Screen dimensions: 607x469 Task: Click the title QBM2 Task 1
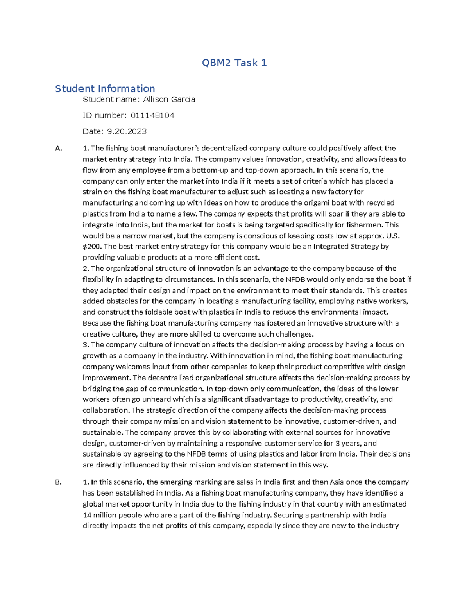(234, 63)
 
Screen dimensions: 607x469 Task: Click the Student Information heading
(105, 89)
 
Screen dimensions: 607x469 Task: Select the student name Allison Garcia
(169, 100)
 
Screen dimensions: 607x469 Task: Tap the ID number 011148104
(152, 115)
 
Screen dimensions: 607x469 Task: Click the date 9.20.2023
(127, 131)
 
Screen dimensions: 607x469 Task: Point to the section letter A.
(59, 149)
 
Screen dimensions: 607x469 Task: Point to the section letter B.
(59, 482)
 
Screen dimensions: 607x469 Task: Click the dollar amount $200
(92, 247)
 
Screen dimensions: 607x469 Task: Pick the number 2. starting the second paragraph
(86, 269)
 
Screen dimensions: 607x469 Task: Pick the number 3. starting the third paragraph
(86, 345)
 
